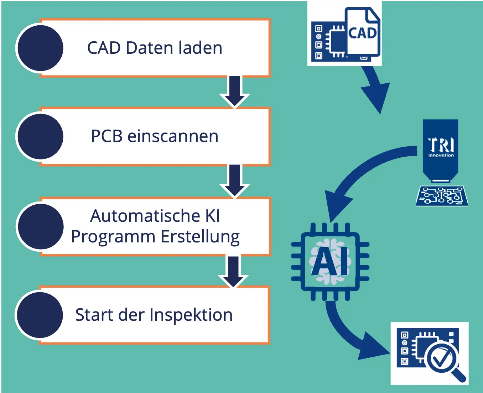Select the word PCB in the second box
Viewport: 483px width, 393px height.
107,136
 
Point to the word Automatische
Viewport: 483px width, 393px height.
145,216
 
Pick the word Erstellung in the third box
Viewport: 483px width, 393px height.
200,237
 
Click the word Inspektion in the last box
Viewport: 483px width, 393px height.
191,315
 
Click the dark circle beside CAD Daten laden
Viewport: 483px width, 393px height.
40,48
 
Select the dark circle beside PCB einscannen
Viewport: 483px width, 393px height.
40,137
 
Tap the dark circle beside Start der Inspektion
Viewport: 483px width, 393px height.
40,315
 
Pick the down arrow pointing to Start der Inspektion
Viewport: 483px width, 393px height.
233,271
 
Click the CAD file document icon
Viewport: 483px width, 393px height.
363,33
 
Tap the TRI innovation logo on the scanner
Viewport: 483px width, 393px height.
441,147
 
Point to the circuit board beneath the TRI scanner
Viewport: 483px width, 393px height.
442,196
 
